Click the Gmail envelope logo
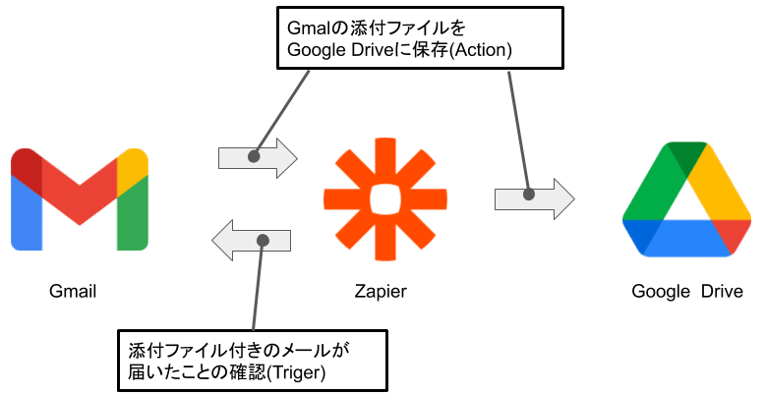(x=79, y=198)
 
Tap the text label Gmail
(x=74, y=292)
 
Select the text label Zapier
(x=380, y=292)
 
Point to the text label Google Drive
(x=679, y=292)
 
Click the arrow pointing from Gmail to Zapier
(x=257, y=157)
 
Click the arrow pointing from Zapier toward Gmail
(x=253, y=241)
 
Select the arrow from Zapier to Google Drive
(x=534, y=197)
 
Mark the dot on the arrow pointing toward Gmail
(x=263, y=241)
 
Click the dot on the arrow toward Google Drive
(x=528, y=196)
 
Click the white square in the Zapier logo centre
(x=379, y=197)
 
